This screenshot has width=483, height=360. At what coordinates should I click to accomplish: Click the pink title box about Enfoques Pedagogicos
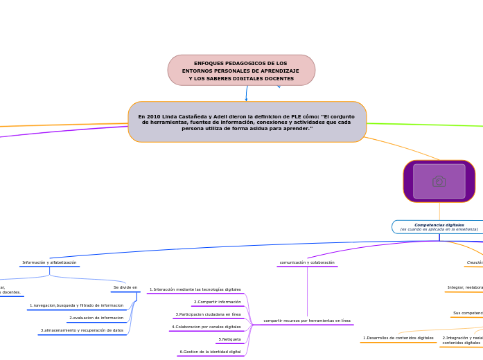[241, 71]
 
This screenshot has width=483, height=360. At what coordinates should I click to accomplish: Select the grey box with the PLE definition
[247, 122]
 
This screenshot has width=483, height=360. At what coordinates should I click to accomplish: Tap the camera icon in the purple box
[439, 181]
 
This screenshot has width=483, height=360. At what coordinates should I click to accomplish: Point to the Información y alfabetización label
[49, 262]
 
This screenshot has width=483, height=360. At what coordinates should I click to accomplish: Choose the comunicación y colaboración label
[307, 262]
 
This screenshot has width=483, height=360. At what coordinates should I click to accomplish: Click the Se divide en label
[125, 287]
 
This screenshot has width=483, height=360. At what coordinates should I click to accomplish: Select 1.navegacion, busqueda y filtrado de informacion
[76, 305]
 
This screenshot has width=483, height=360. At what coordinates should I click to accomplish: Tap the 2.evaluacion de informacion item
[96, 318]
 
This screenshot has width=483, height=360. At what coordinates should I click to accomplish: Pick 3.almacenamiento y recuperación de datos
[82, 330]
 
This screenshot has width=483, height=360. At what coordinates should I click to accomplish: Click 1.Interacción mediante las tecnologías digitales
[195, 289]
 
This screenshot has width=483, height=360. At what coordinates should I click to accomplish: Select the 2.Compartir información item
[218, 302]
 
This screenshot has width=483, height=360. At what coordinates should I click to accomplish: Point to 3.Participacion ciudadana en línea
[208, 314]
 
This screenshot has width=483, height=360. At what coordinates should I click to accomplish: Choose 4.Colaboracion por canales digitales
[207, 327]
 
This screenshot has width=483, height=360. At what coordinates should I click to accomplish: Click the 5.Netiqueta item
[229, 339]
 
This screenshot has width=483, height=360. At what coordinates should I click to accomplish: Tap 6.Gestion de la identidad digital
[210, 352]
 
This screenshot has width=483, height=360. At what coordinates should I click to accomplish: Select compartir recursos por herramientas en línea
[307, 321]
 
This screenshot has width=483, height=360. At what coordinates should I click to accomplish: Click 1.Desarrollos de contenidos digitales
[398, 338]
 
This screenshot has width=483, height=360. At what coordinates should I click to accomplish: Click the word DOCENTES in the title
[278, 78]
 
